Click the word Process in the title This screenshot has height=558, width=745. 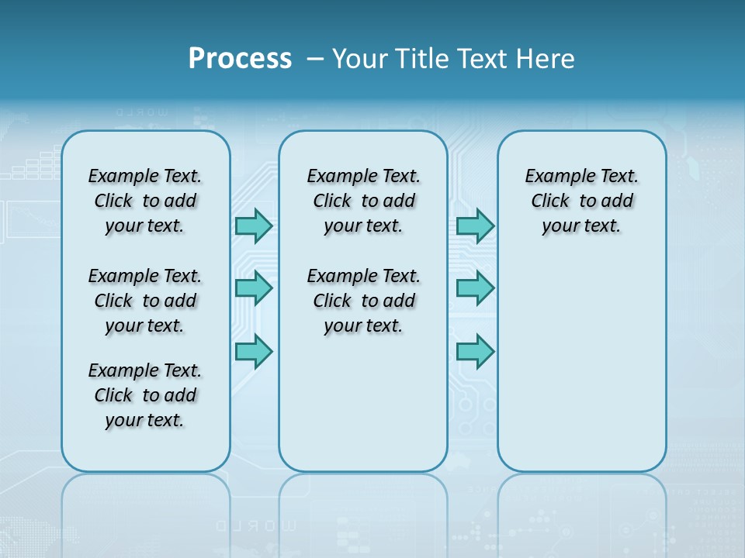pyautogui.click(x=240, y=58)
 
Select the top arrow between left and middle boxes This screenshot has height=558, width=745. pyautogui.click(x=254, y=226)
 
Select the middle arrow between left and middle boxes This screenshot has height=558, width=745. pyautogui.click(x=254, y=288)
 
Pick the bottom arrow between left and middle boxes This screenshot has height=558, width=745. pyautogui.click(x=254, y=351)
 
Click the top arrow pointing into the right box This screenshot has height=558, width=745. pyautogui.click(x=475, y=226)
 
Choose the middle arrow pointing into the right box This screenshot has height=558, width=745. pyautogui.click(x=475, y=288)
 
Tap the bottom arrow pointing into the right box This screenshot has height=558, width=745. pyautogui.click(x=475, y=351)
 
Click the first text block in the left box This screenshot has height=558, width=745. pyautogui.click(x=145, y=201)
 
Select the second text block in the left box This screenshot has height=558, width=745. pyautogui.click(x=145, y=301)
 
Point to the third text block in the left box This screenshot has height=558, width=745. pyautogui.click(x=145, y=395)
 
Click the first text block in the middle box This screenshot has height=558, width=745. pyautogui.click(x=364, y=201)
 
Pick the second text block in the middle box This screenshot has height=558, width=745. pyautogui.click(x=364, y=301)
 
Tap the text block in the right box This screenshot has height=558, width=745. pyautogui.click(x=582, y=201)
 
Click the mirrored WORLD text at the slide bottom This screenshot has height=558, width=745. pyautogui.click(x=256, y=525)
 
